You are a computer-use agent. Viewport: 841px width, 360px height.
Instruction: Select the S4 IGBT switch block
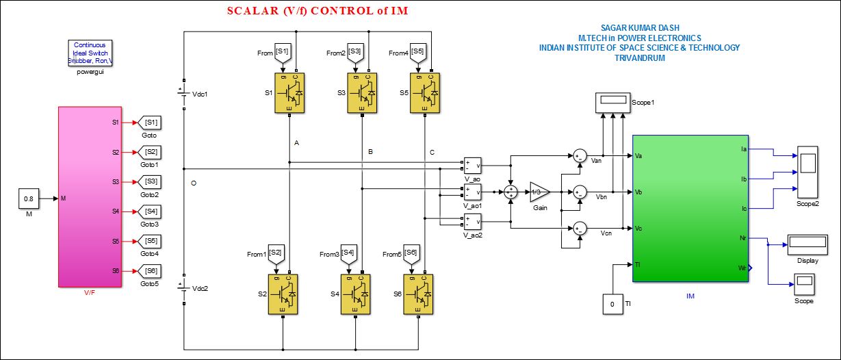(x=356, y=294)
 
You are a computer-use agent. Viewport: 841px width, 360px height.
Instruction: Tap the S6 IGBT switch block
(x=419, y=294)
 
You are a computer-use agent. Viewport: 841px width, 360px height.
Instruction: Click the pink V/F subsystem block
(x=90, y=196)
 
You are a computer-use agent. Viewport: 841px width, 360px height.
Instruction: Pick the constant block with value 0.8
(x=29, y=198)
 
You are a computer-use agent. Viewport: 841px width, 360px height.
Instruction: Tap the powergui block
(x=91, y=53)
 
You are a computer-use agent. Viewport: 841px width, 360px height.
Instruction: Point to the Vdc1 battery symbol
(x=183, y=94)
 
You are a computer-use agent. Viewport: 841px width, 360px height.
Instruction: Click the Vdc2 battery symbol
(x=183, y=288)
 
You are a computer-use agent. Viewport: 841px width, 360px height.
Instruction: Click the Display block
(x=807, y=244)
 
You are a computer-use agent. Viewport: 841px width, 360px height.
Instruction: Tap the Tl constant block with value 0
(x=612, y=303)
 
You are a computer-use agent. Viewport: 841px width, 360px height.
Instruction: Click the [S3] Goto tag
(x=150, y=181)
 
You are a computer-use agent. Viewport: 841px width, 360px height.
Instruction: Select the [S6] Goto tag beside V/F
(x=150, y=271)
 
